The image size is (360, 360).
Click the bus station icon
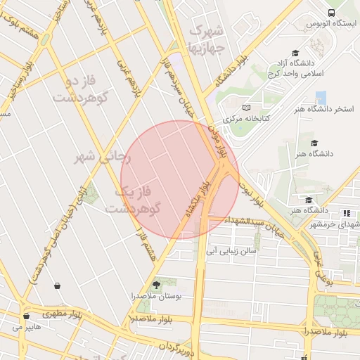332,13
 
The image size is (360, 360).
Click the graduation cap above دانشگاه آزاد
295,53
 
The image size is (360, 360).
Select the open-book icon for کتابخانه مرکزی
245,107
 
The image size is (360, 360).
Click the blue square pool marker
321,97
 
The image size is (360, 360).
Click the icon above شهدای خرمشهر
346,213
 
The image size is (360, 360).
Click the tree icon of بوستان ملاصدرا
156,285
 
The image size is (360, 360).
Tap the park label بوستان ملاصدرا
157,297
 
